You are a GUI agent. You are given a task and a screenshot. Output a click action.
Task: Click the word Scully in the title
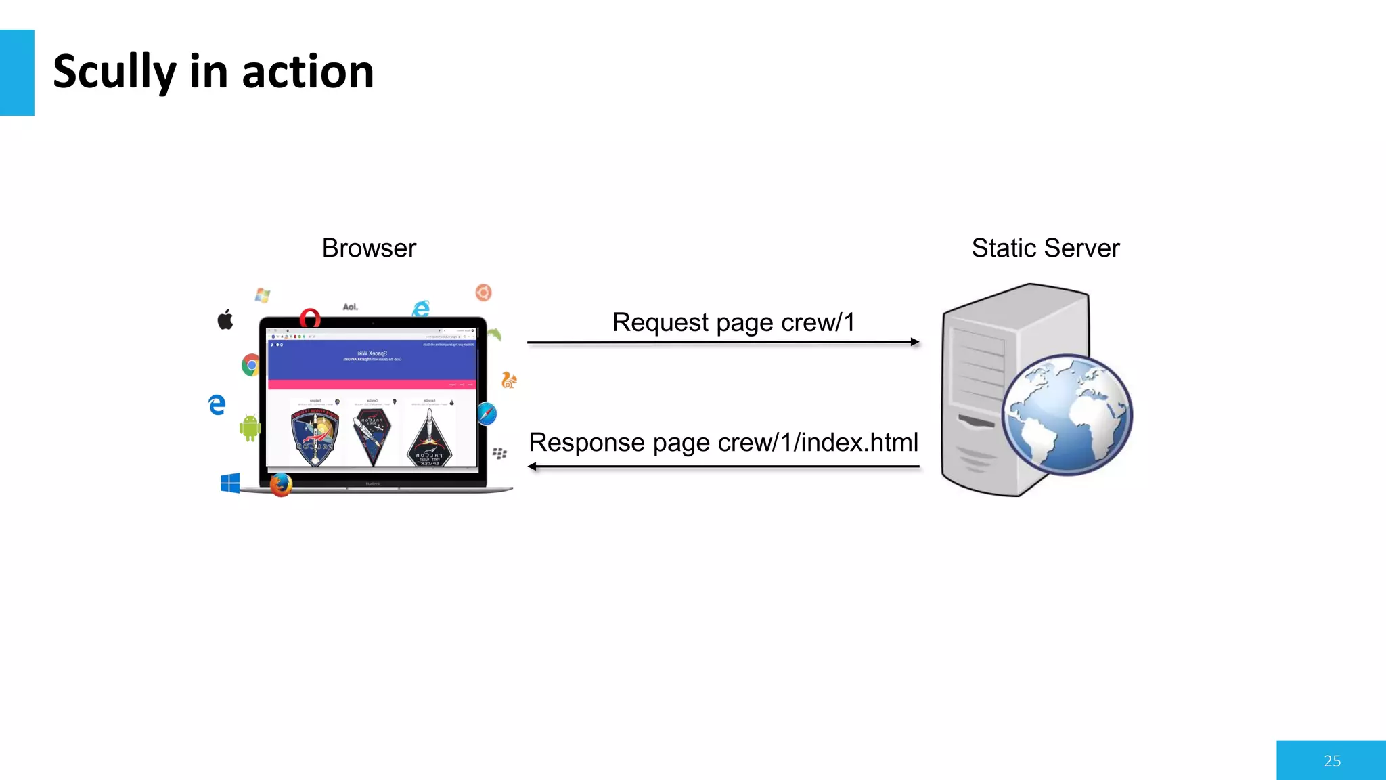114,72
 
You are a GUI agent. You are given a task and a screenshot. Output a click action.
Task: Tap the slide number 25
1332,761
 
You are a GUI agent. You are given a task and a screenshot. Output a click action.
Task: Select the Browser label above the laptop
369,248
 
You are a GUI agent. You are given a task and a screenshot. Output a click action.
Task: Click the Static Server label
1045,248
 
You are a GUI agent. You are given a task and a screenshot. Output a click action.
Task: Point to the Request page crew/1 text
734,322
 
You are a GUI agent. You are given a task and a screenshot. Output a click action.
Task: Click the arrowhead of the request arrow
915,343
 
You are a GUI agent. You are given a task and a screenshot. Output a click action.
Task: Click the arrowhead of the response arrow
533,467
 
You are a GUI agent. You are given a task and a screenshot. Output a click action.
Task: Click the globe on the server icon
1067,415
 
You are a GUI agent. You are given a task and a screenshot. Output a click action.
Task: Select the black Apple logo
225,320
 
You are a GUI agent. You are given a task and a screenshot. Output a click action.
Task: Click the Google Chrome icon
251,365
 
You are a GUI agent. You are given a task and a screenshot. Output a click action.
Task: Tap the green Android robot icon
250,427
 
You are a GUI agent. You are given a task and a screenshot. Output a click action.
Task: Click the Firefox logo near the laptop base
281,484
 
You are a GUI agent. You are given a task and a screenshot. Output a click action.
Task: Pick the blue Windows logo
230,483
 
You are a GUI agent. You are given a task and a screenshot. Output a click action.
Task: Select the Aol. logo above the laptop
350,307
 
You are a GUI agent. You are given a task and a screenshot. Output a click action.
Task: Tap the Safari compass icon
487,413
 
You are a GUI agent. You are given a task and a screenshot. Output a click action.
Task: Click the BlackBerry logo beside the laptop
499,453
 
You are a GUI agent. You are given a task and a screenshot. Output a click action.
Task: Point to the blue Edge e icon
217,405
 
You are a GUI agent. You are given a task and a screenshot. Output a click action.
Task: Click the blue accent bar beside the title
17,72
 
